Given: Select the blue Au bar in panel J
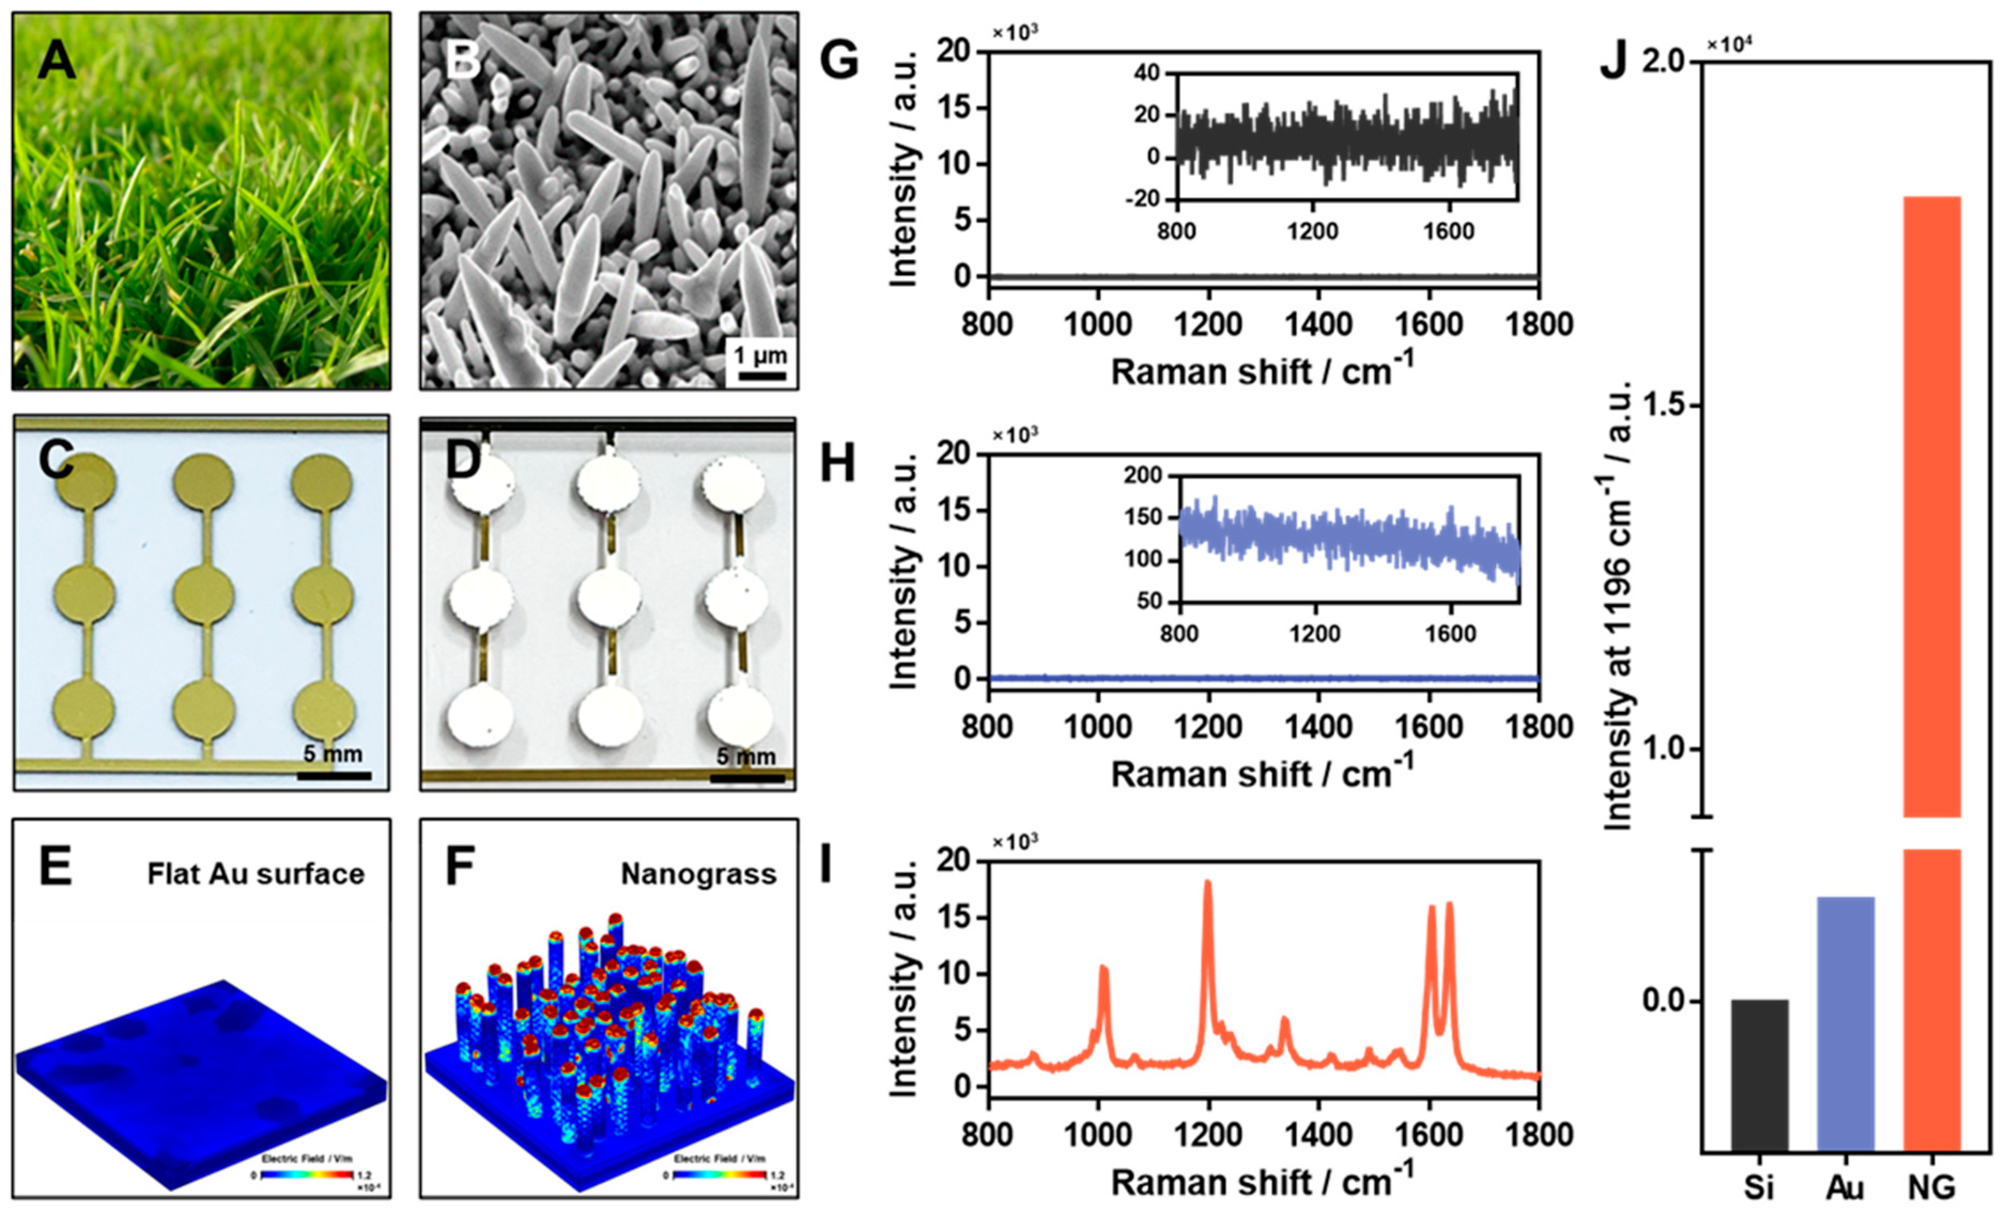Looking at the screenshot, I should click(x=1845, y=1024).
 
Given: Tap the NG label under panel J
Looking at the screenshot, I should click(x=1931, y=1188).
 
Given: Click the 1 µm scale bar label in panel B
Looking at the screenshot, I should click(x=760, y=356).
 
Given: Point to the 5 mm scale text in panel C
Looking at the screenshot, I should click(x=333, y=753).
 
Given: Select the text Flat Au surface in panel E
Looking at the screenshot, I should click(x=255, y=874).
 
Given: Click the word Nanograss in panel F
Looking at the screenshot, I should click(x=698, y=874).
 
